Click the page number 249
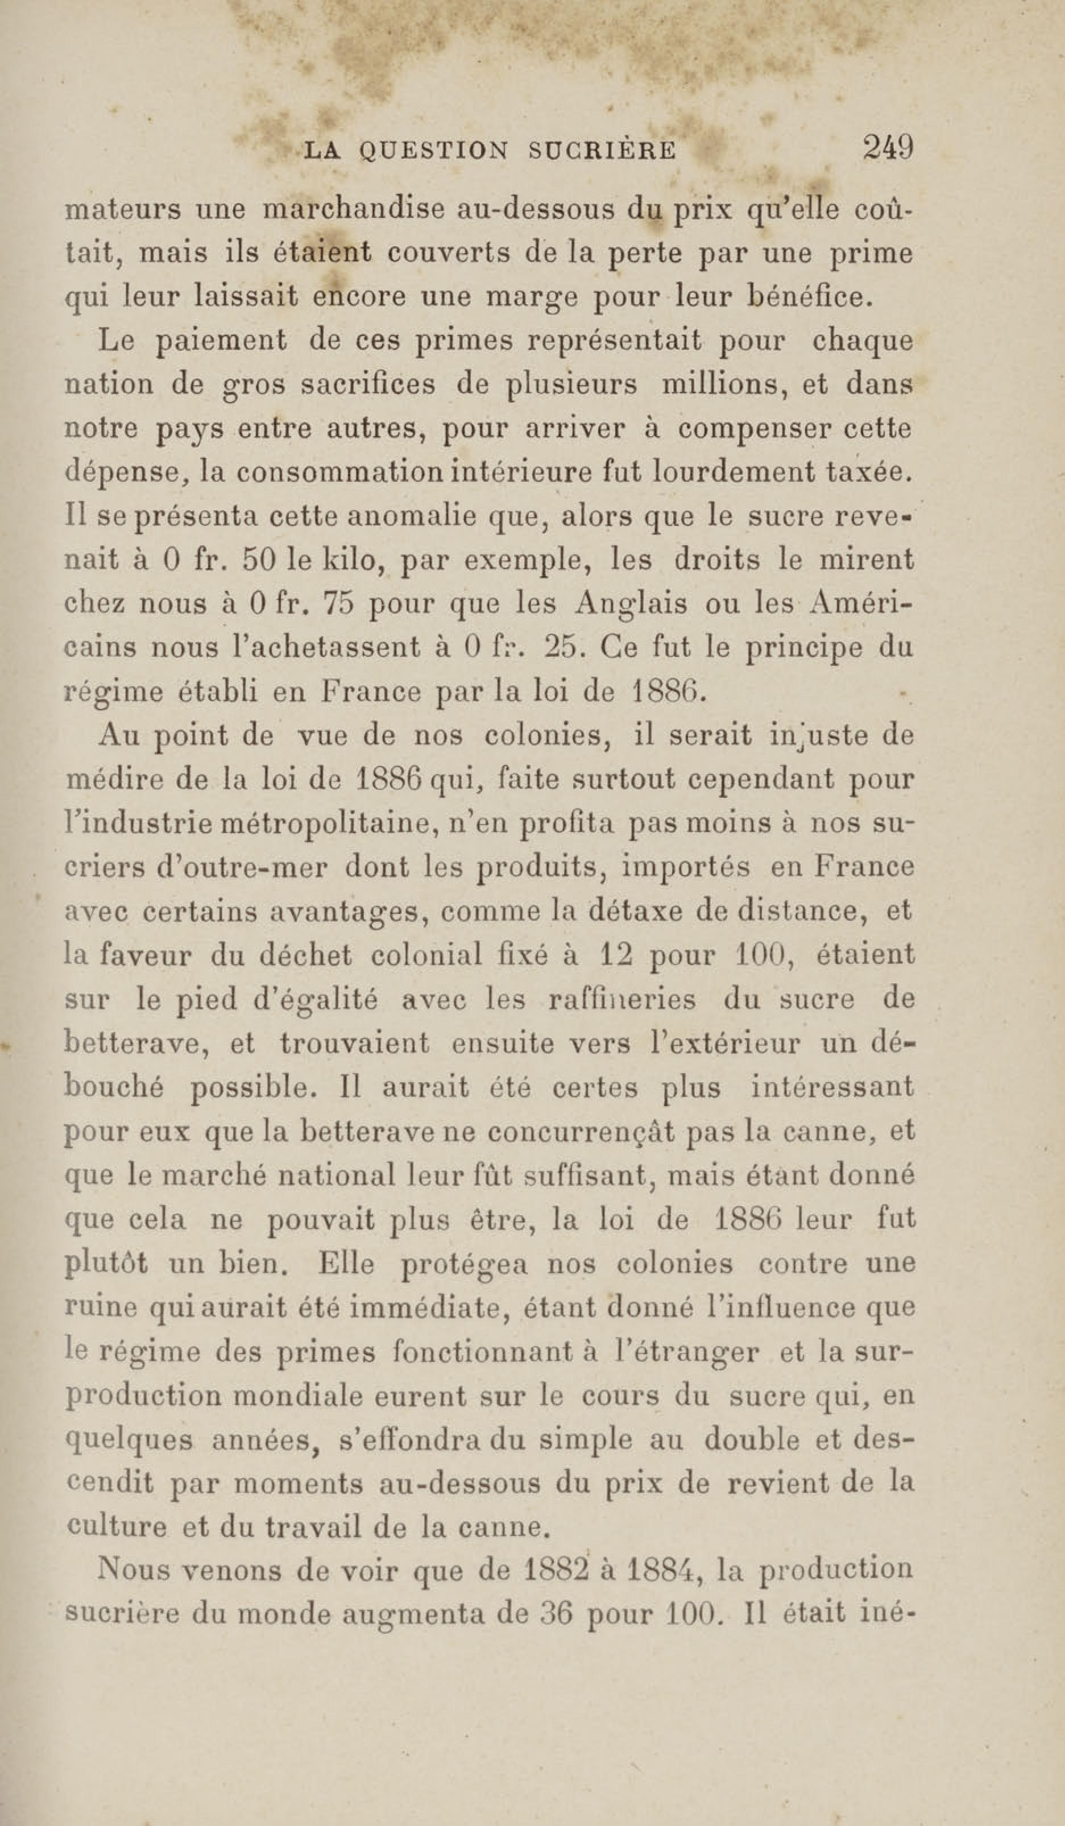pos(887,148)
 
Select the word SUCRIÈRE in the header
pos(603,150)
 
